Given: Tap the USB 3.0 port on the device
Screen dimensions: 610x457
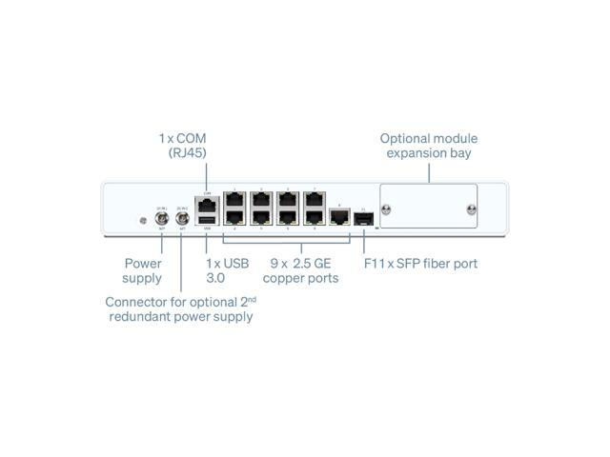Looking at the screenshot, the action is pyautogui.click(x=207, y=218).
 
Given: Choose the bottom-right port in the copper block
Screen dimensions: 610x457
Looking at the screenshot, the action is pyautogui.click(x=314, y=218).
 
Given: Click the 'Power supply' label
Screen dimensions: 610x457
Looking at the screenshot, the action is pyautogui.click(x=143, y=270).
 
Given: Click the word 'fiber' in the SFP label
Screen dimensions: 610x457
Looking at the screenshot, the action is pyautogui.click(x=431, y=263).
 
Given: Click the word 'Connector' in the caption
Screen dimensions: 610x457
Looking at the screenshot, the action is pyautogui.click(x=134, y=302).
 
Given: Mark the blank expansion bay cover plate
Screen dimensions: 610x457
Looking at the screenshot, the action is pyautogui.click(x=428, y=205).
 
